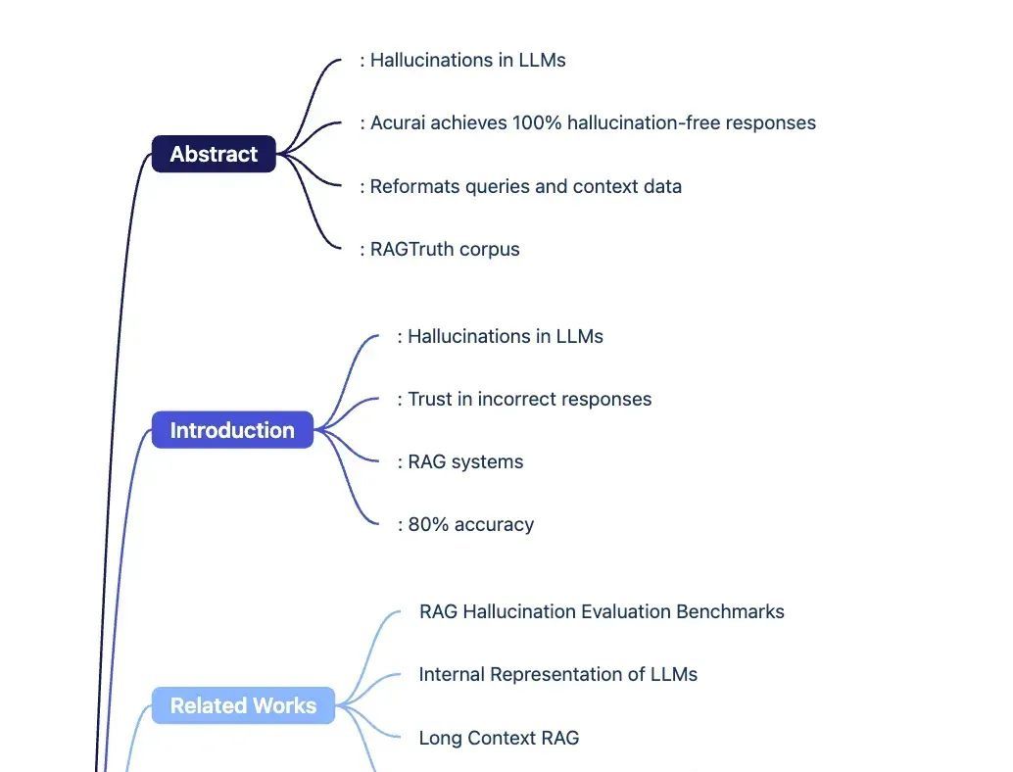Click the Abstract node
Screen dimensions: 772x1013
(214, 154)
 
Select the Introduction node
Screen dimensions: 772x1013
(232, 430)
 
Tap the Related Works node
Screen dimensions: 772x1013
(243, 705)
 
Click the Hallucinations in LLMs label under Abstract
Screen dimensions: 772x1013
(467, 60)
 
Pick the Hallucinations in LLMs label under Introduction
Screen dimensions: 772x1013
(505, 336)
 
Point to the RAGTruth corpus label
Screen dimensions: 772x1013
(445, 249)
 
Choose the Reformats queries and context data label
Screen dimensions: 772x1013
(525, 186)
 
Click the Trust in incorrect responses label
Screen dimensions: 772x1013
(529, 399)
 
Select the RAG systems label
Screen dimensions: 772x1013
(465, 461)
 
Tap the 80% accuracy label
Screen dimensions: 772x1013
(470, 524)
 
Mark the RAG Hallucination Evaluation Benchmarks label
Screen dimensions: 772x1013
(602, 611)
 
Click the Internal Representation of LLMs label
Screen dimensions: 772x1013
(558, 674)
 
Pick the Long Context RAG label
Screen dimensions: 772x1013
(499, 737)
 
